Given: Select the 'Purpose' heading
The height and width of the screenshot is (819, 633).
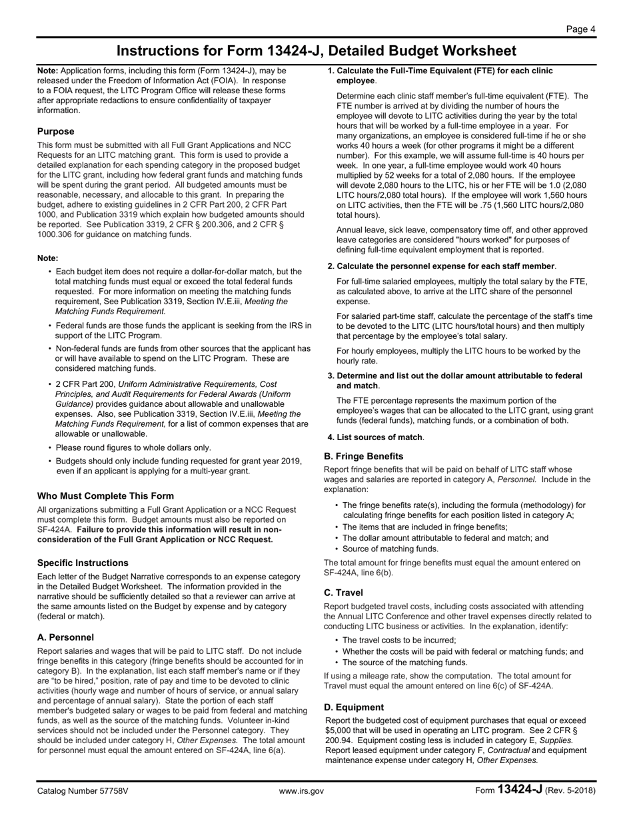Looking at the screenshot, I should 56,131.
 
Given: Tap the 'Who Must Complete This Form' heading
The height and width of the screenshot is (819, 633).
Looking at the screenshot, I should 105,495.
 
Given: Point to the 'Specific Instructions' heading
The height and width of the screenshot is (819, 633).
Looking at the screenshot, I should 83,563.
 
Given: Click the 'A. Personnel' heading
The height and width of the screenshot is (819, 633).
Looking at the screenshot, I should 65,637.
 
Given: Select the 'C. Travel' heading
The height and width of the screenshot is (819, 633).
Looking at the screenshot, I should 343,593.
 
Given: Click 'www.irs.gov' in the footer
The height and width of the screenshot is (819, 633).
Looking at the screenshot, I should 301,791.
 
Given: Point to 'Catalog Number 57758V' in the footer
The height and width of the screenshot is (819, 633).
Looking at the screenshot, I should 83,791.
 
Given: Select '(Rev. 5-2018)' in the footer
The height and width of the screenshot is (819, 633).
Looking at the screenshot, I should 570,791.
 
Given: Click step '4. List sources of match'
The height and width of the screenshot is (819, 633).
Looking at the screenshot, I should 375,437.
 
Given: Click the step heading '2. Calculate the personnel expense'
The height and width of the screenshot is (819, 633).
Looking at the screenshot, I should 441,266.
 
